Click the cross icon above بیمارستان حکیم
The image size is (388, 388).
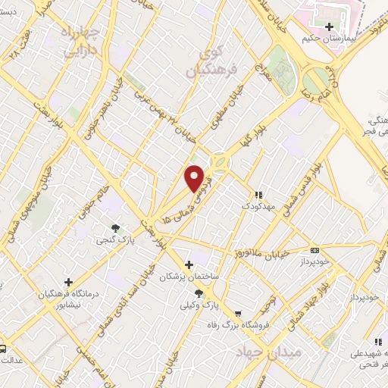(329, 27)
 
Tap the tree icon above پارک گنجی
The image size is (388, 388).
(115, 227)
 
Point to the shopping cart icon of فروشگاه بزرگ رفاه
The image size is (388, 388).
(238, 314)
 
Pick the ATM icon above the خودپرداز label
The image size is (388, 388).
(314, 250)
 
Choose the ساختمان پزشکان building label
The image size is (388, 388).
(189, 277)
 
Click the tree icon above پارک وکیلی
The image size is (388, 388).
(199, 293)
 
